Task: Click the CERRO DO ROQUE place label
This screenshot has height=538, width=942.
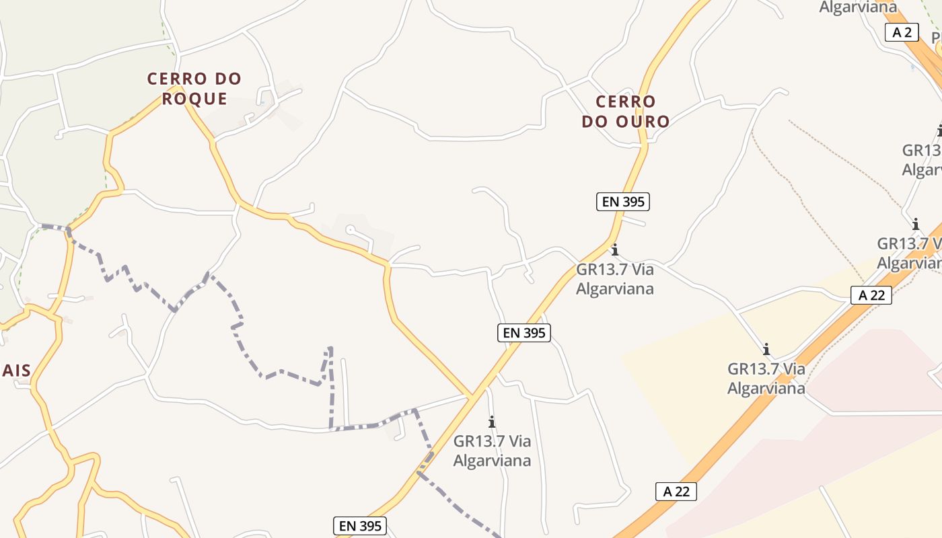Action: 194,88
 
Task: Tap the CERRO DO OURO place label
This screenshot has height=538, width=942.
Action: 625,112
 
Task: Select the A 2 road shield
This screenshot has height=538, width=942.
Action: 902,32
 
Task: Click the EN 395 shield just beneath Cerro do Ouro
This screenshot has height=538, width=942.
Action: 623,201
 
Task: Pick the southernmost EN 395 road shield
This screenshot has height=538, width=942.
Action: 360,526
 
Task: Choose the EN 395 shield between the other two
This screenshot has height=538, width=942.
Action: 524,332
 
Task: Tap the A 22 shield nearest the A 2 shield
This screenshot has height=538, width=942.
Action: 871,295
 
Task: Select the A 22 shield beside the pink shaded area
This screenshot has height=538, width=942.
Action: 676,492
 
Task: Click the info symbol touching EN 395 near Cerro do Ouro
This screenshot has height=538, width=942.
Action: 614,250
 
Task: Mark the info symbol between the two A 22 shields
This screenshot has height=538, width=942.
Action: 766,349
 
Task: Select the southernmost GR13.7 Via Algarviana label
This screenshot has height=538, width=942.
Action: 492,451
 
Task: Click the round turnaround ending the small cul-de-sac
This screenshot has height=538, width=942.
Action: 350,230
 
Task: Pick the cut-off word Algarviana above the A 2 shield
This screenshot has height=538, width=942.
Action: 858,7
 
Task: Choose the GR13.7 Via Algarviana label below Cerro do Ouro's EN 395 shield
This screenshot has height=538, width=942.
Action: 615,278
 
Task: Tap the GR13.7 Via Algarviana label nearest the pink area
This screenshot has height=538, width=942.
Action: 766,378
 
